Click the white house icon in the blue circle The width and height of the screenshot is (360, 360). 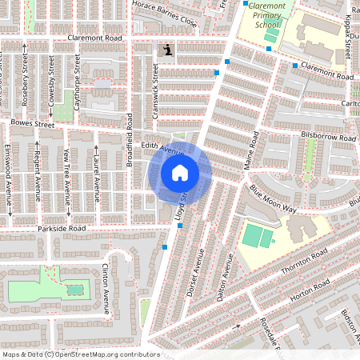[x=180, y=172]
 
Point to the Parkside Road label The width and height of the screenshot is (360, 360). [x=61, y=229]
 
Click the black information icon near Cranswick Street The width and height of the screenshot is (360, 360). [x=166, y=51]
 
